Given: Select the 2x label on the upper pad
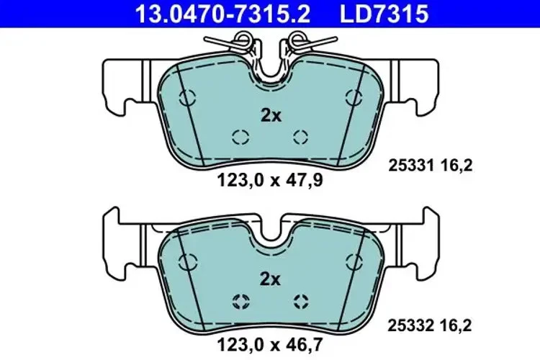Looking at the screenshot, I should (270, 115).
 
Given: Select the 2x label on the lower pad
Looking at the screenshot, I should (270, 279).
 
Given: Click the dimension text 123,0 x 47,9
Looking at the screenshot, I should (270, 182).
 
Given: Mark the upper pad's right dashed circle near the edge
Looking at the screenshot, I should (354, 98).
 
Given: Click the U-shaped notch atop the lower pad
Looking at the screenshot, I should (271, 232).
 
